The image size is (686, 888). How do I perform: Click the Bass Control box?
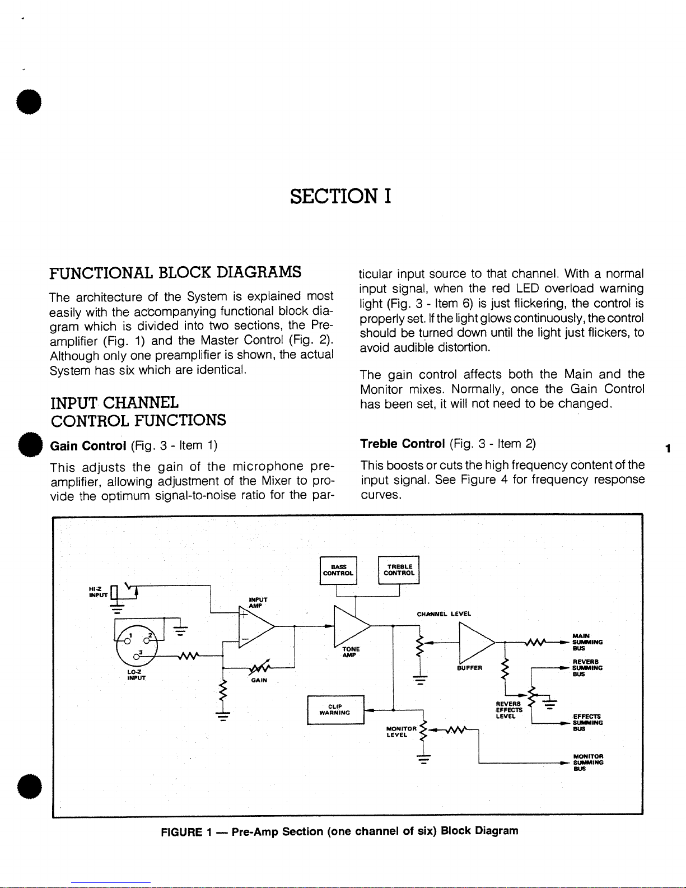point(338,570)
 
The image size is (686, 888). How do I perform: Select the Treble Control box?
point(399,570)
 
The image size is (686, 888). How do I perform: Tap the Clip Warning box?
point(335,709)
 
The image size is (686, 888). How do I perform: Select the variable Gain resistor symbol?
point(258,668)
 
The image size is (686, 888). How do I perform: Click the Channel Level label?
point(444,613)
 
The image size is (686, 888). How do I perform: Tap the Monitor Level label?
point(401,732)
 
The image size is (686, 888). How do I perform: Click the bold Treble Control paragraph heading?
point(403,444)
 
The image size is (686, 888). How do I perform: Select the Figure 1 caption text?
point(339,831)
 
